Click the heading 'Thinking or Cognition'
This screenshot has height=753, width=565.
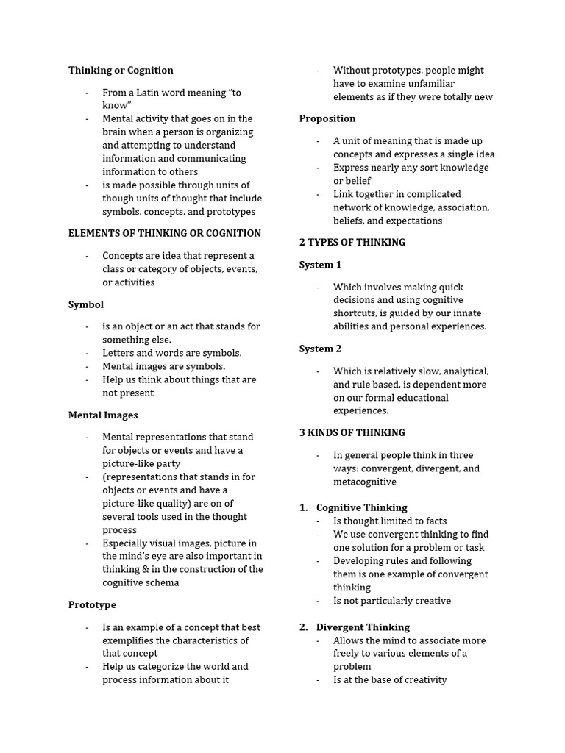(x=121, y=71)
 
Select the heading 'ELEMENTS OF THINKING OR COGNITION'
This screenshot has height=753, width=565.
(x=164, y=233)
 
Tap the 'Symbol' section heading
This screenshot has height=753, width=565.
(x=86, y=304)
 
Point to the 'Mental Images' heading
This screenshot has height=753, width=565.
(x=103, y=415)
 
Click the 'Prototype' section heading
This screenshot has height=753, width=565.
(x=92, y=604)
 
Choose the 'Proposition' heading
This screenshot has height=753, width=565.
(x=327, y=118)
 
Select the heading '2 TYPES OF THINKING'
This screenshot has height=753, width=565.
(x=352, y=242)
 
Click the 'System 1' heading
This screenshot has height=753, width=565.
(x=320, y=265)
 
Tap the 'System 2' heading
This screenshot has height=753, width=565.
(x=320, y=349)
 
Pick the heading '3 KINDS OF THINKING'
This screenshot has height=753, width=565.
(x=352, y=432)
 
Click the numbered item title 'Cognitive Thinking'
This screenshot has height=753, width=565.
(x=361, y=507)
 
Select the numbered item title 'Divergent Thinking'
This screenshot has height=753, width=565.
(x=363, y=627)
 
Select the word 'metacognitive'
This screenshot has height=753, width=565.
(x=364, y=482)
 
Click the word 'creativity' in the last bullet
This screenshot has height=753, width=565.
(x=421, y=680)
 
